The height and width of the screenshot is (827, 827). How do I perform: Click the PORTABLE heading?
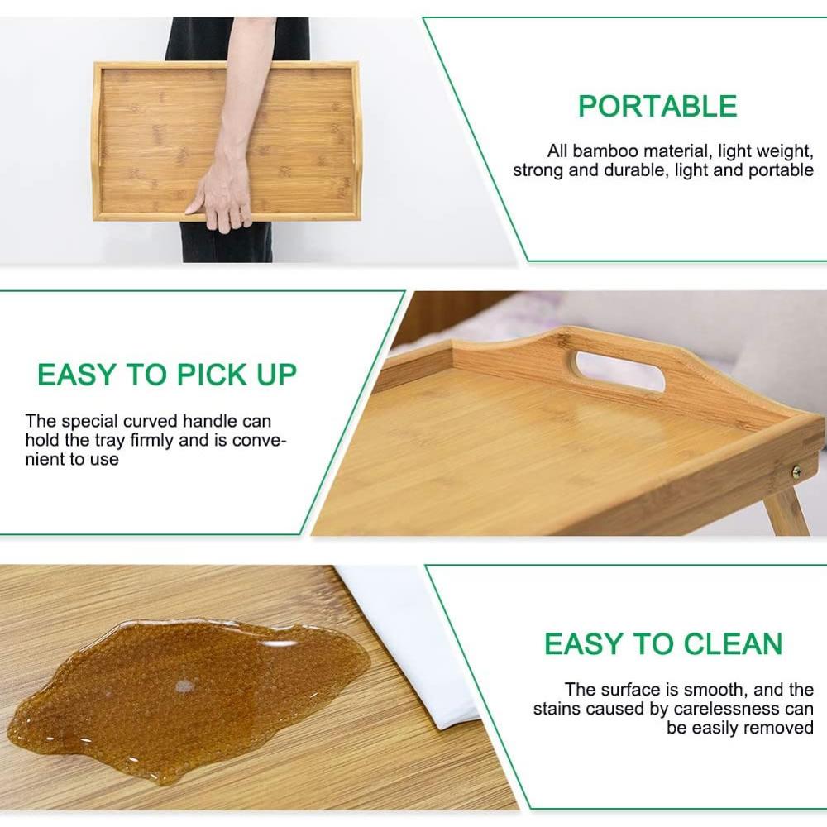[x=657, y=107]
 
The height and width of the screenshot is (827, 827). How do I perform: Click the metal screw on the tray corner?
[x=796, y=472]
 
